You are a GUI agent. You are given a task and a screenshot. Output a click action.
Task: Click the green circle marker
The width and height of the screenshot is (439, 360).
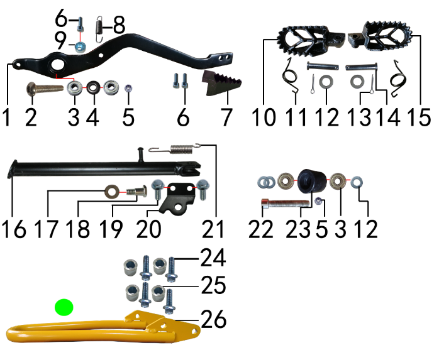tap(64, 307)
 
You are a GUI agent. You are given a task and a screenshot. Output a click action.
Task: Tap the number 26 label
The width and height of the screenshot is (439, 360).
tap(214, 319)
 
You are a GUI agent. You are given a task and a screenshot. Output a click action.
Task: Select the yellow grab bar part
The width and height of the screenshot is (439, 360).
tap(103, 326)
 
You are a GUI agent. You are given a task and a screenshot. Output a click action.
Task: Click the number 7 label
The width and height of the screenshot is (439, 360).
tap(226, 117)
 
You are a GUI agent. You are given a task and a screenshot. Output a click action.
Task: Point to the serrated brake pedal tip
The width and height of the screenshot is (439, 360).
tap(221, 84)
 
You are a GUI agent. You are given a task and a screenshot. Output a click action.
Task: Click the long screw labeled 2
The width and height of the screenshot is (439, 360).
tap(45, 89)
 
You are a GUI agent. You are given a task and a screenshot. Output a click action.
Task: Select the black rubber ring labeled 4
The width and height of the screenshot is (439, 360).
tap(94, 87)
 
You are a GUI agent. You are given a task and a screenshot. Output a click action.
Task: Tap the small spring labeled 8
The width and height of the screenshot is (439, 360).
tap(99, 29)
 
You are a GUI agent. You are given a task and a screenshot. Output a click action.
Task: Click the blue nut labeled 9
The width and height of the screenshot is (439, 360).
tap(81, 47)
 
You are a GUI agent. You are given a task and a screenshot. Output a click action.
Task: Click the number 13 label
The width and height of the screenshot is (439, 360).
tap(359, 117)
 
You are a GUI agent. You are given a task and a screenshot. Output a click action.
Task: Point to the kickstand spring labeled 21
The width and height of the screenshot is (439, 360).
tap(176, 148)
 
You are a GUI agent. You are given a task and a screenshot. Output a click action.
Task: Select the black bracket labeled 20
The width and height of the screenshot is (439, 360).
tap(177, 199)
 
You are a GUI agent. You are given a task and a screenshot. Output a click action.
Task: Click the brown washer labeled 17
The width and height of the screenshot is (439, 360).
tap(112, 192)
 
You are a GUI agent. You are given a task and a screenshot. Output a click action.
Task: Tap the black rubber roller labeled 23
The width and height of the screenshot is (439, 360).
tap(311, 181)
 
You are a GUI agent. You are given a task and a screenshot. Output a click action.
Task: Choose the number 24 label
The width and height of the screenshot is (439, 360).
tap(213, 258)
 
